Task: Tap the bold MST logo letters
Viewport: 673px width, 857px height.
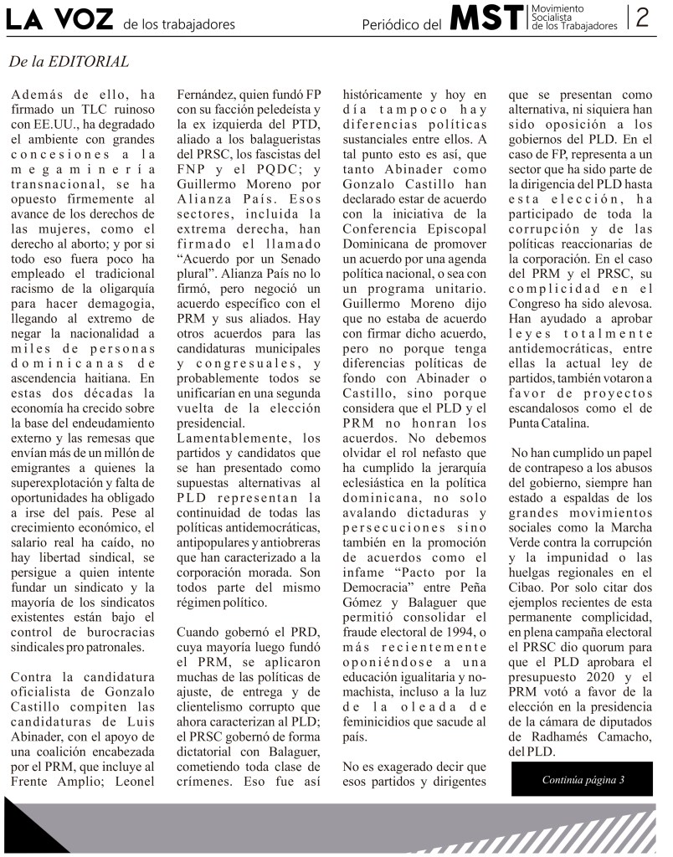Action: (486, 18)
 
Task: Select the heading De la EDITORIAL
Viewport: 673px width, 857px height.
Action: (69, 62)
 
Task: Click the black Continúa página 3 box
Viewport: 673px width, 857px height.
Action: (583, 780)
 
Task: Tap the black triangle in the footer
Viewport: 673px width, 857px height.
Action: (33, 824)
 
